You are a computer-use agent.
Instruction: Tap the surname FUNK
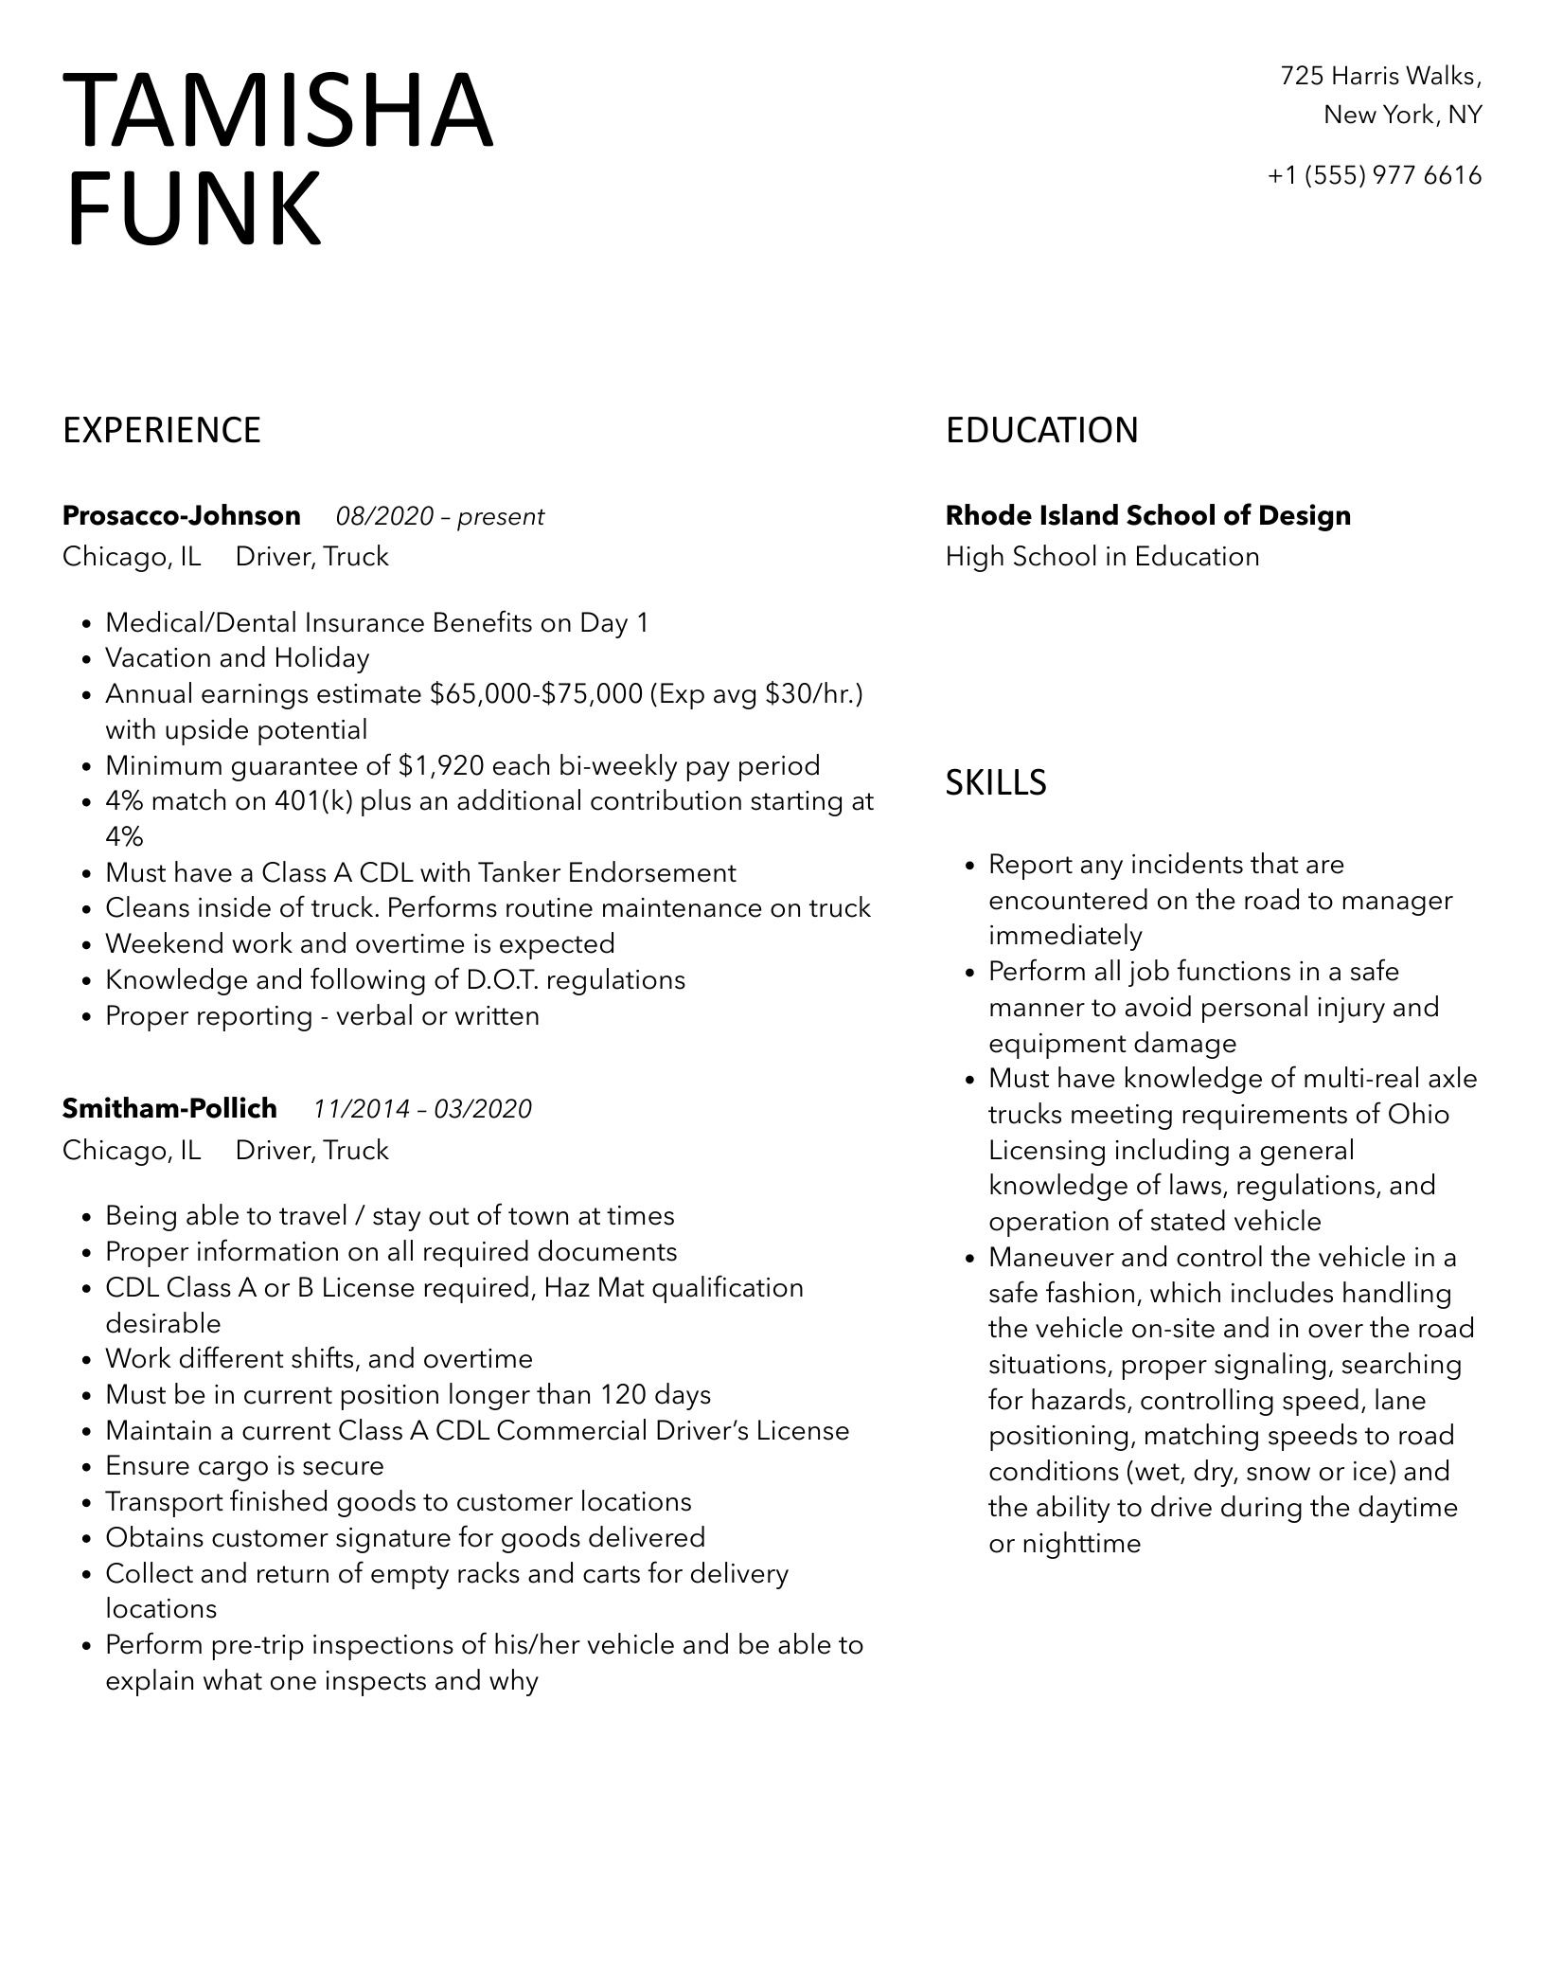pos(193,208)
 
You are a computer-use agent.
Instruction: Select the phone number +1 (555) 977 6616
pos(1375,175)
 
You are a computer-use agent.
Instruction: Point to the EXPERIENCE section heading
pos(162,431)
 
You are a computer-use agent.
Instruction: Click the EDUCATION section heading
pos(1041,431)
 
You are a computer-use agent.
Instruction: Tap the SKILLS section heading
pos(996,782)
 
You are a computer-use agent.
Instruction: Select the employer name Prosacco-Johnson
pos(182,516)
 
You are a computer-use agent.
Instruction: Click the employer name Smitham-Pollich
pos(169,1108)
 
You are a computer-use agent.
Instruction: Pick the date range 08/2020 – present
pos(440,517)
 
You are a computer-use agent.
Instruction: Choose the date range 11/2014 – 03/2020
pos(422,1109)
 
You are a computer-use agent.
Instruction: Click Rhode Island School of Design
pos(1147,516)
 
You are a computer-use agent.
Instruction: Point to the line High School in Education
pos(1102,557)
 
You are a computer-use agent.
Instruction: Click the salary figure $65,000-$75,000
pos(536,694)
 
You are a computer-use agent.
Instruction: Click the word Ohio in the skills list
pos(1418,1114)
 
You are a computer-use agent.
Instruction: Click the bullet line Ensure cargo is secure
pos(244,1466)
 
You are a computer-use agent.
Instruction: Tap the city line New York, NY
pos(1402,116)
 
